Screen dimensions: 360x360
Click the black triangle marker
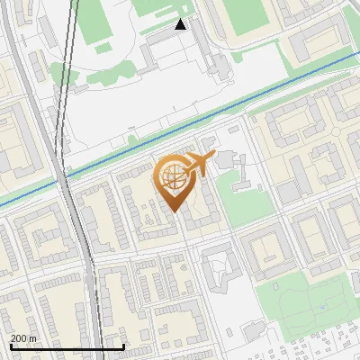181,24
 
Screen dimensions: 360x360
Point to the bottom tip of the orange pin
174,212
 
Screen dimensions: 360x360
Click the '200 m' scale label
23,337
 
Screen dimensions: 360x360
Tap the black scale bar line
67,346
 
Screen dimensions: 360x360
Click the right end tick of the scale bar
123,345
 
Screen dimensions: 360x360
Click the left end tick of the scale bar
10,345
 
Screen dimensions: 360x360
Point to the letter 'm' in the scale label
32,337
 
